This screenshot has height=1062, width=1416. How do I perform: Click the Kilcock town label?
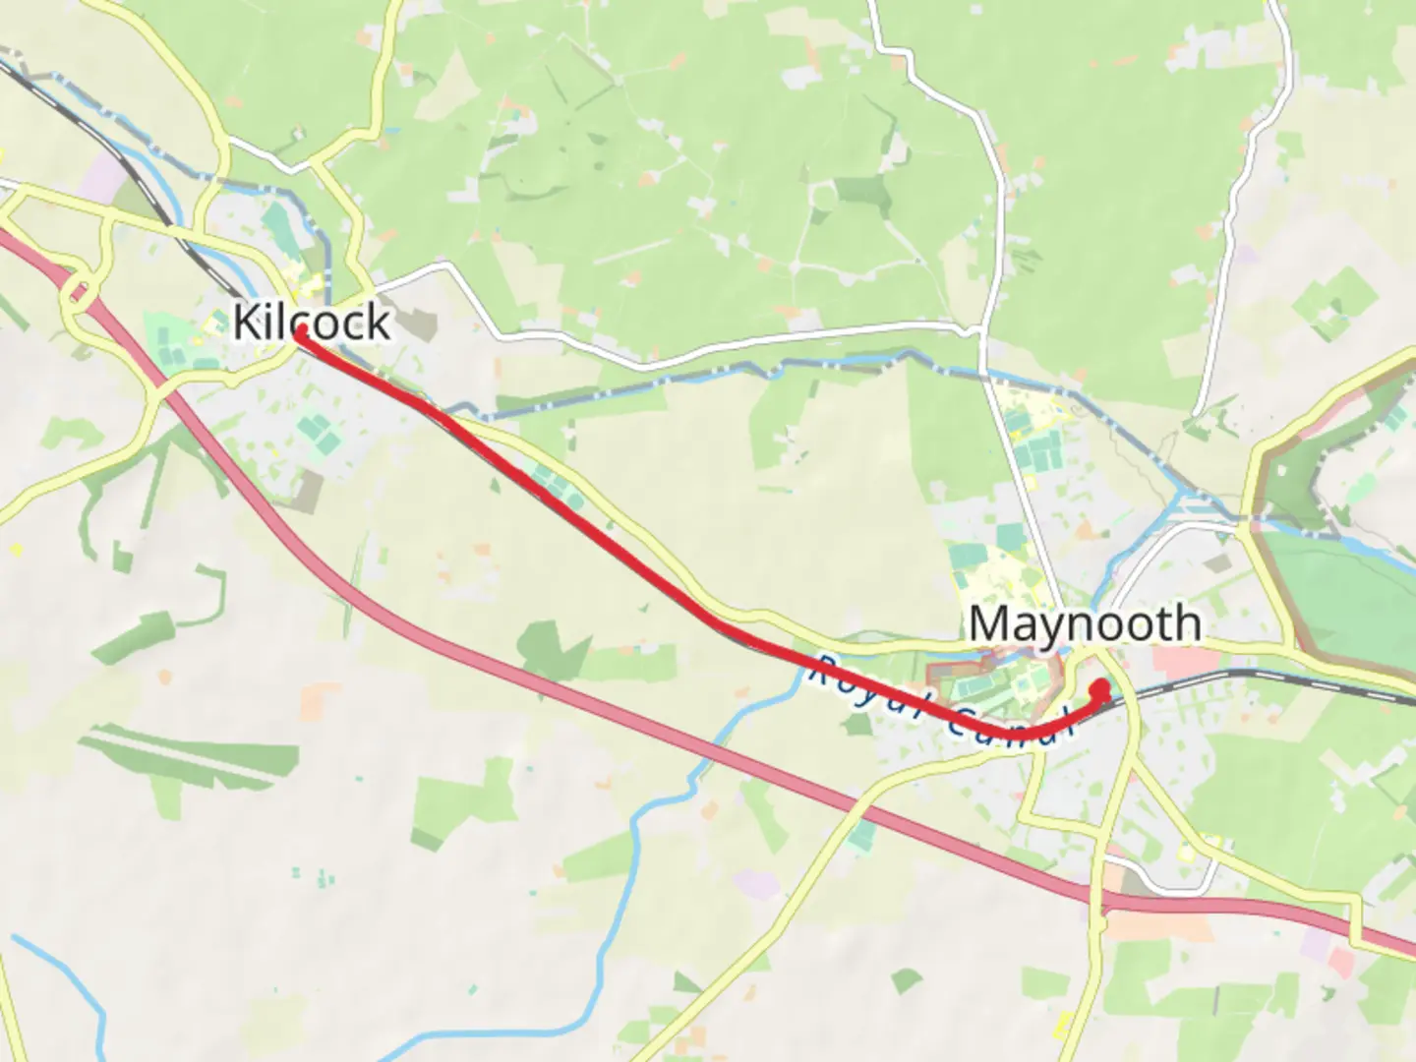pos(312,322)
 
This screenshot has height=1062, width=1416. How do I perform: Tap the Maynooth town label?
pos(1085,623)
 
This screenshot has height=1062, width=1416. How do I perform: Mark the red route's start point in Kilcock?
pos(299,333)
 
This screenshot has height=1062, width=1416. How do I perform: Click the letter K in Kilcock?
pos(246,322)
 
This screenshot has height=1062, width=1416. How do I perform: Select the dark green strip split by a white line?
pos(177,757)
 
